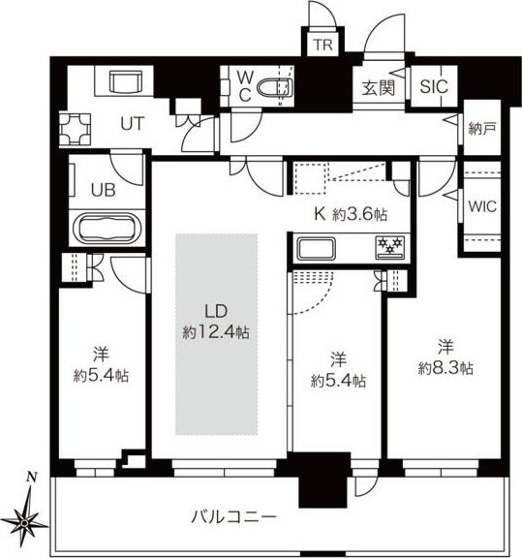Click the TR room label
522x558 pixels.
322,45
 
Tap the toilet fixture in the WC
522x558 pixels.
275,87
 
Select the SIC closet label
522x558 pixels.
434,86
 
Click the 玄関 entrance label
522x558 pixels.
379,88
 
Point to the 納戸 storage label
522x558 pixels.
482,128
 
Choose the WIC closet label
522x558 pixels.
482,206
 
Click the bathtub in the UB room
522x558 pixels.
107,229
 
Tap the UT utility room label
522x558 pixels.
133,123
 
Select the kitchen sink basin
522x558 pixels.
317,248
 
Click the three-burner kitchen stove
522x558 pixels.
390,247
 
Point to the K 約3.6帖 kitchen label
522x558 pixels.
351,214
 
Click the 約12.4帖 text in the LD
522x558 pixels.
216,332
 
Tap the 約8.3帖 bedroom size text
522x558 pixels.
445,368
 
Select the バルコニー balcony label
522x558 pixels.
233,516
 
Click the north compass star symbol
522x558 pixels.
25,522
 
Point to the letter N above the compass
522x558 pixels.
32,477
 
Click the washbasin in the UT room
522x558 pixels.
126,82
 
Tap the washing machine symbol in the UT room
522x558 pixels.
76,129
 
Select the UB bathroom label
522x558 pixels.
104,191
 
